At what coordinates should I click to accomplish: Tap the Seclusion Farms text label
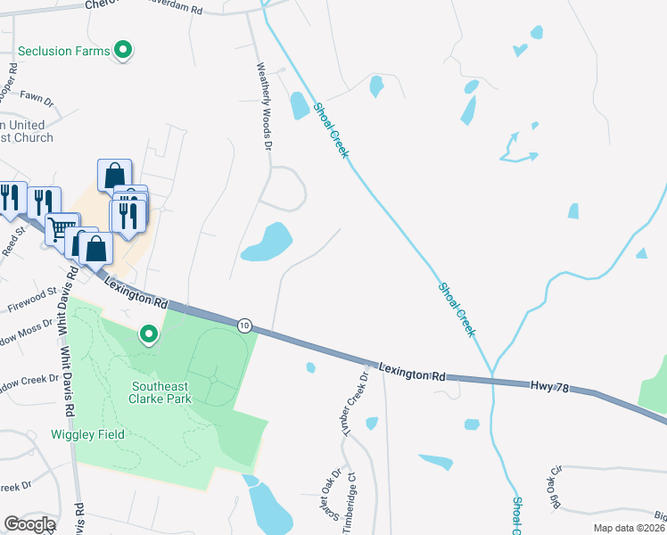[62, 51]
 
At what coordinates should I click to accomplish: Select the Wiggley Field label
[86, 434]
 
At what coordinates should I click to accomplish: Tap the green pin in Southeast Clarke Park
[148, 334]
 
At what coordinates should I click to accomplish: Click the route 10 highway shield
[244, 325]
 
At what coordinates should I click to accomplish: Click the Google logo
[29, 524]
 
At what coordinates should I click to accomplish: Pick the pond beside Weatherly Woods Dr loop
[268, 242]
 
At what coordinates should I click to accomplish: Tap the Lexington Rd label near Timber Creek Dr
[411, 372]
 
